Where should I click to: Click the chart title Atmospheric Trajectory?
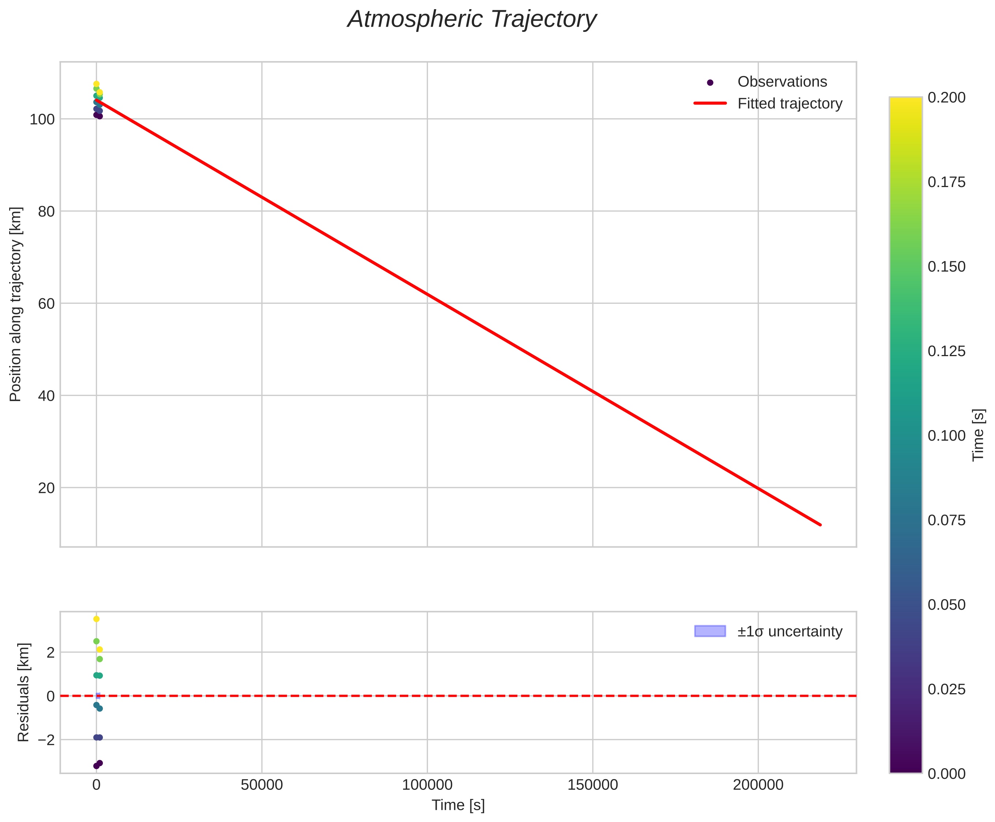coord(471,19)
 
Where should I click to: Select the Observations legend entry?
coord(782,82)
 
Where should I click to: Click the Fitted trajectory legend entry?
coord(790,104)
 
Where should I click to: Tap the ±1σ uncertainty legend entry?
coord(790,632)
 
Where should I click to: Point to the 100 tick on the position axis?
coord(42,119)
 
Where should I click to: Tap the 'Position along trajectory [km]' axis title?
coord(16,304)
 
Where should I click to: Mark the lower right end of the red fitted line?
coord(820,525)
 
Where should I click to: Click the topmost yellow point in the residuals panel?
coord(97,619)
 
